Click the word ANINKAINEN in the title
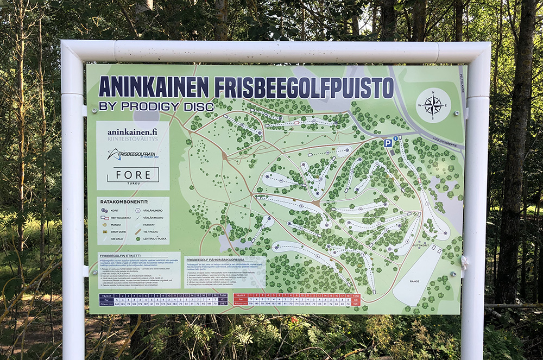(154, 87)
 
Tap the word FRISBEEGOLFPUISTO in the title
(304, 87)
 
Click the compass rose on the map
(433, 105)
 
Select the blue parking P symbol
(388, 143)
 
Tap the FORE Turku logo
(133, 175)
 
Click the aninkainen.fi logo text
(132, 132)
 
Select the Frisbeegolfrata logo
(132, 155)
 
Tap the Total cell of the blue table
(223, 296)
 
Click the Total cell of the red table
(356, 296)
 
